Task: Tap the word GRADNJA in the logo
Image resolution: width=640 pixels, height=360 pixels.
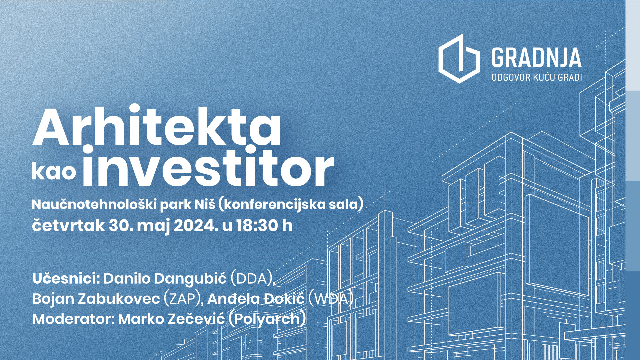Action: pyautogui.click(x=537, y=58)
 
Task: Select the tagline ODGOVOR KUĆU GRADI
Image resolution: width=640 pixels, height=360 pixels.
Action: pyautogui.click(x=537, y=77)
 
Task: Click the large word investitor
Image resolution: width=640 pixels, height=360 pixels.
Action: pyautogui.click(x=208, y=166)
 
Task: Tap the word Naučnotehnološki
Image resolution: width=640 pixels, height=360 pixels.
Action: pyautogui.click(x=94, y=204)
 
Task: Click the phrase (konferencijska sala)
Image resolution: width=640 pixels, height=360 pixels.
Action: pyautogui.click(x=290, y=204)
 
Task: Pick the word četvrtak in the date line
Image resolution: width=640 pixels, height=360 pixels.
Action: pyautogui.click(x=68, y=225)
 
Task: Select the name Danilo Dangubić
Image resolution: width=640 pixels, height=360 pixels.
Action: pyautogui.click(x=165, y=279)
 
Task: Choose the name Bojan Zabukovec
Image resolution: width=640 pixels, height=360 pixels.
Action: pyautogui.click(x=96, y=299)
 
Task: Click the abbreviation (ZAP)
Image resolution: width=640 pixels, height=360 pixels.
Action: pyautogui.click(x=182, y=299)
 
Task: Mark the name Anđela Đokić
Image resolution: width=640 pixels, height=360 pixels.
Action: pyautogui.click(x=256, y=299)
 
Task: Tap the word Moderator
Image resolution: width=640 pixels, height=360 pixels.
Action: pyautogui.click(x=73, y=319)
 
